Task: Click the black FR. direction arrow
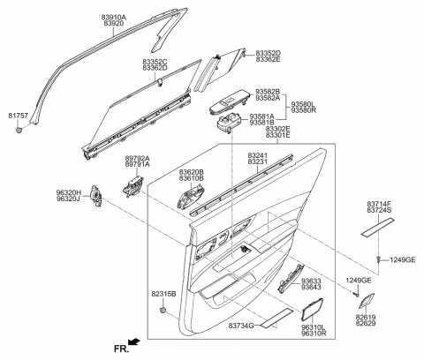(133, 340)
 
